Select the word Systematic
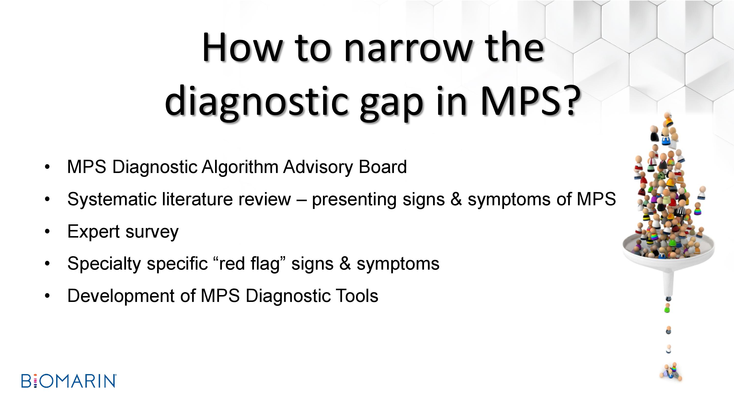click(x=112, y=199)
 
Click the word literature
click(x=198, y=199)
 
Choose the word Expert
click(x=93, y=232)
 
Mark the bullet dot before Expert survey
click(x=47, y=231)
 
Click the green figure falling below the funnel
click(x=667, y=308)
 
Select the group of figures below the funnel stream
click(x=671, y=372)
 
